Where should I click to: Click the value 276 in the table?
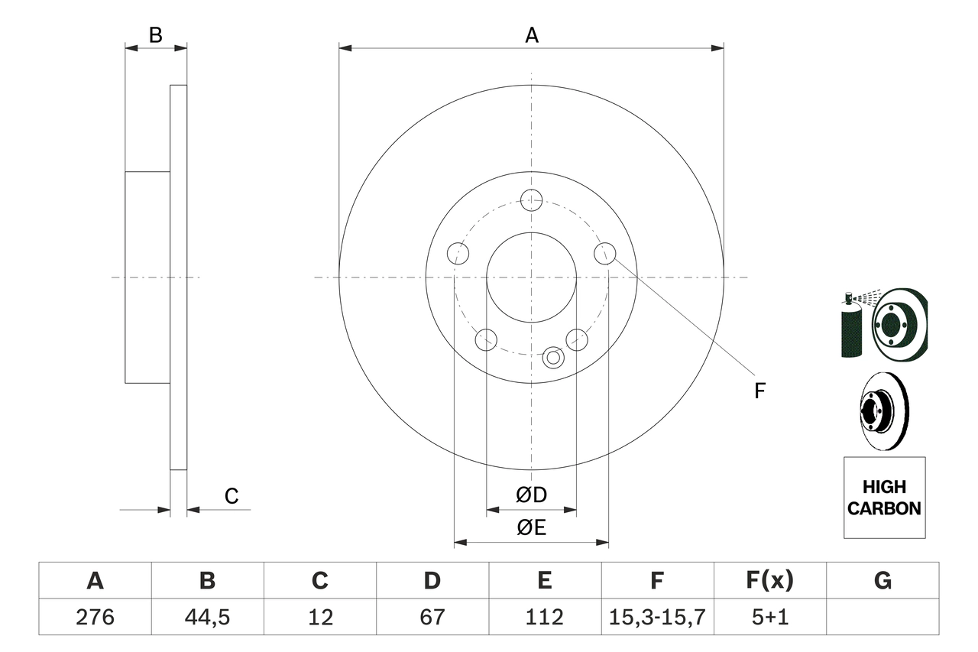pyautogui.click(x=95, y=616)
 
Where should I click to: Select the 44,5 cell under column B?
pyautogui.click(x=207, y=616)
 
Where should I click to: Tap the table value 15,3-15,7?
pyautogui.click(x=656, y=616)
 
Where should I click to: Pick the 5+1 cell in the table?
pyautogui.click(x=769, y=616)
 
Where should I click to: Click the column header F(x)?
pyautogui.click(x=769, y=581)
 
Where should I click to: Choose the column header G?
pyautogui.click(x=882, y=581)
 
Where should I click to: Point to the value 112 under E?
pyautogui.click(x=544, y=616)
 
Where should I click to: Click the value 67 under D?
pyautogui.click(x=432, y=616)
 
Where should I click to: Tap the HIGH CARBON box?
pyautogui.click(x=884, y=498)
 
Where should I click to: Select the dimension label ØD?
pyautogui.click(x=532, y=495)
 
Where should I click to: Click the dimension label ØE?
pyautogui.click(x=532, y=528)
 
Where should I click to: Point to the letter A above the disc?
pyautogui.click(x=532, y=34)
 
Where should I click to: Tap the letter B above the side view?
pyautogui.click(x=156, y=34)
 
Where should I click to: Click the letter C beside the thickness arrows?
pyautogui.click(x=232, y=497)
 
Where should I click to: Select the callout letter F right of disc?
pyautogui.click(x=759, y=391)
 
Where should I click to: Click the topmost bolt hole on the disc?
pyautogui.click(x=531, y=200)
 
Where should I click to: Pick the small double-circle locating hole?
pyautogui.click(x=554, y=357)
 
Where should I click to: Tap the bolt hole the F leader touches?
pyautogui.click(x=604, y=253)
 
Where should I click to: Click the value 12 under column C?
pyautogui.click(x=319, y=616)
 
